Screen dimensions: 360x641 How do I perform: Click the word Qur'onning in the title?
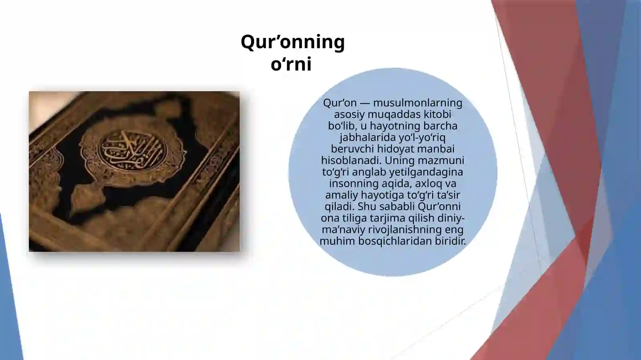tap(292, 42)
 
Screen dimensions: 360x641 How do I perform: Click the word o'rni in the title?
tap(291, 65)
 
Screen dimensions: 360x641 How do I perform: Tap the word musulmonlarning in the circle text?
tap(417, 103)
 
